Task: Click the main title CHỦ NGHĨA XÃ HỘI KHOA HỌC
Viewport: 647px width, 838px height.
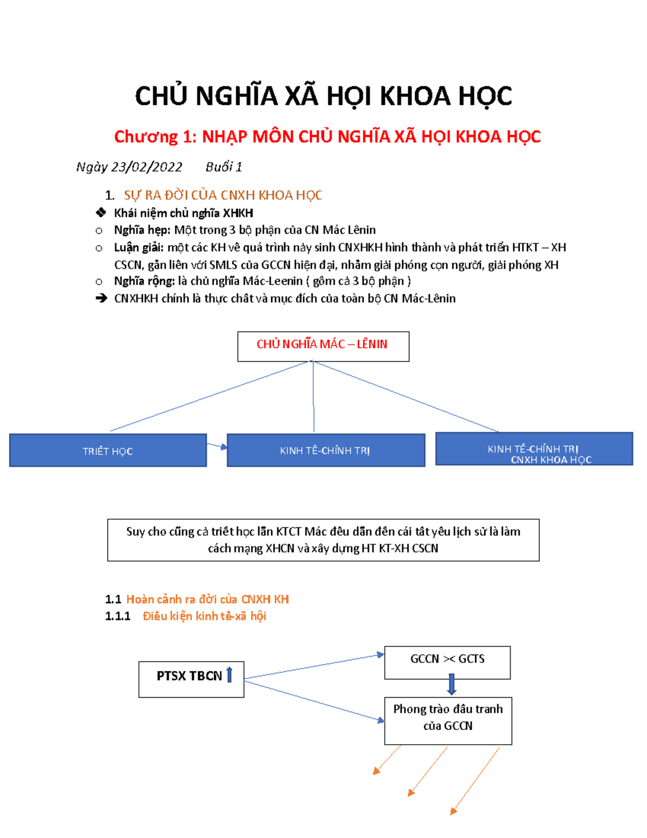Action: click(323, 97)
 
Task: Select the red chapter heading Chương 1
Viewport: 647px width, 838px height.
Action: click(327, 137)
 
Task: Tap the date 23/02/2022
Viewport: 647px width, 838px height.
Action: click(146, 167)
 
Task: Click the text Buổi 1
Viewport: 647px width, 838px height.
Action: click(223, 167)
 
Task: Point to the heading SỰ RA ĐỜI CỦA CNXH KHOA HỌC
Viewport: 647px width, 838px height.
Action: click(223, 195)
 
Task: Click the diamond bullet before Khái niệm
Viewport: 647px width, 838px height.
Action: click(100, 213)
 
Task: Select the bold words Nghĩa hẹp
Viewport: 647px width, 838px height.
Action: click(142, 230)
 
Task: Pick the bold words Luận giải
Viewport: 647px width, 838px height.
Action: click(139, 248)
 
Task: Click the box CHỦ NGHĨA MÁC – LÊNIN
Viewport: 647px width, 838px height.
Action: click(323, 346)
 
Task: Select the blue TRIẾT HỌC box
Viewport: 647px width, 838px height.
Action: click(108, 451)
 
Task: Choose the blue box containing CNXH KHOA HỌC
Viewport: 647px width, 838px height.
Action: click(534, 449)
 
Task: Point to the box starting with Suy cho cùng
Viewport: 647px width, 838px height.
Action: click(323, 540)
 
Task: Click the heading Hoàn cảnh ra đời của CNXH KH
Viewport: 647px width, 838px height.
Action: click(207, 599)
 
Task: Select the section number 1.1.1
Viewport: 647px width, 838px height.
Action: click(118, 616)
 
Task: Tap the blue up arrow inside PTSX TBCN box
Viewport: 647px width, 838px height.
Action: click(229, 675)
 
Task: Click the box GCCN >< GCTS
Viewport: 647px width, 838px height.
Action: click(447, 662)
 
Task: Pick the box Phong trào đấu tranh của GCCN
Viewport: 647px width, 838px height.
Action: click(448, 720)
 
